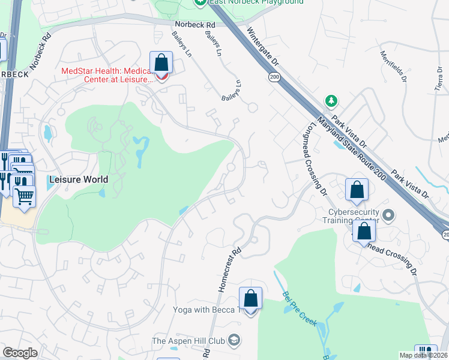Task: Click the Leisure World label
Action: pyautogui.click(x=79, y=179)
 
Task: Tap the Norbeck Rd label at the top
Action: pyautogui.click(x=194, y=25)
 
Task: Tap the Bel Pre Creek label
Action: pyautogui.click(x=300, y=310)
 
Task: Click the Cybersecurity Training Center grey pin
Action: pyautogui.click(x=388, y=215)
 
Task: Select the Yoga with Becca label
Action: pyautogui.click(x=206, y=310)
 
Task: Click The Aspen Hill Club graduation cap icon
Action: pyautogui.click(x=234, y=341)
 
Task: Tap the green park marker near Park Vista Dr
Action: pyautogui.click(x=330, y=100)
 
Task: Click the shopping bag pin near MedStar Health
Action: pyautogui.click(x=161, y=62)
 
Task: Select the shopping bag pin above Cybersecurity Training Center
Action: pyautogui.click(x=357, y=190)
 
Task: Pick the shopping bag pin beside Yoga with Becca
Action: pyautogui.click(x=250, y=298)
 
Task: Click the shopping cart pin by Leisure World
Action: pyautogui.click(x=24, y=196)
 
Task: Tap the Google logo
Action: pyautogui.click(x=20, y=353)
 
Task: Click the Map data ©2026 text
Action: pyautogui.click(x=423, y=355)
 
